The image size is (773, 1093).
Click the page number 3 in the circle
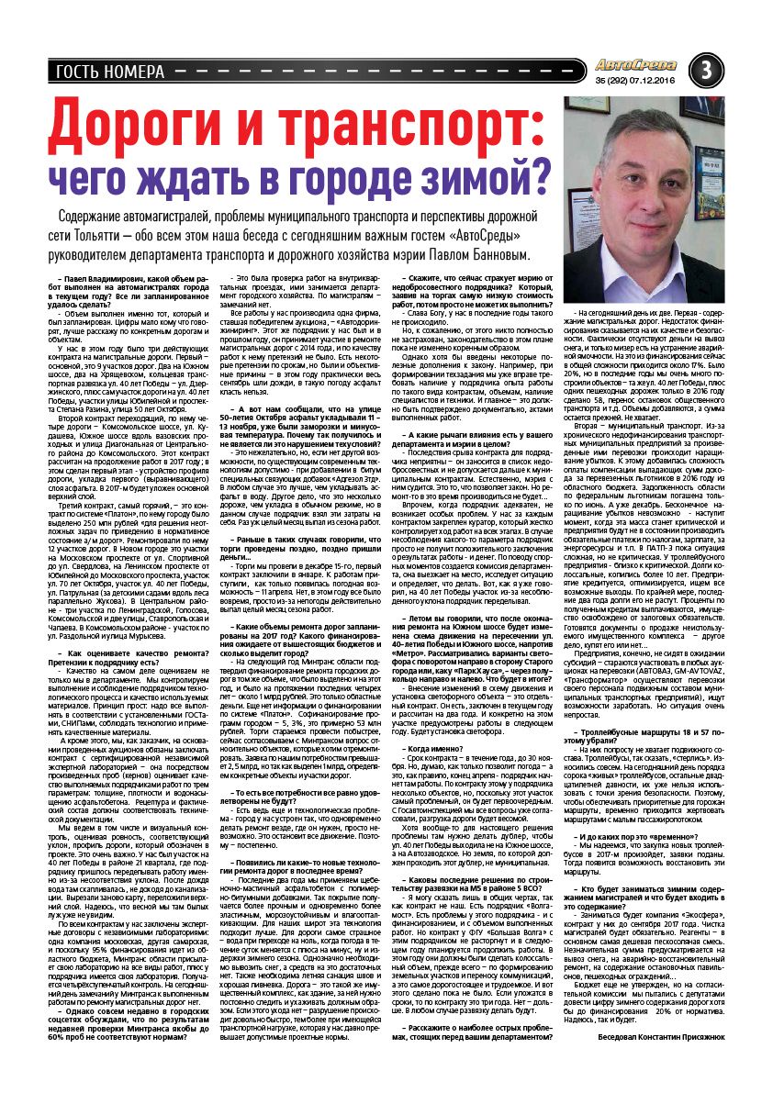706,69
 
